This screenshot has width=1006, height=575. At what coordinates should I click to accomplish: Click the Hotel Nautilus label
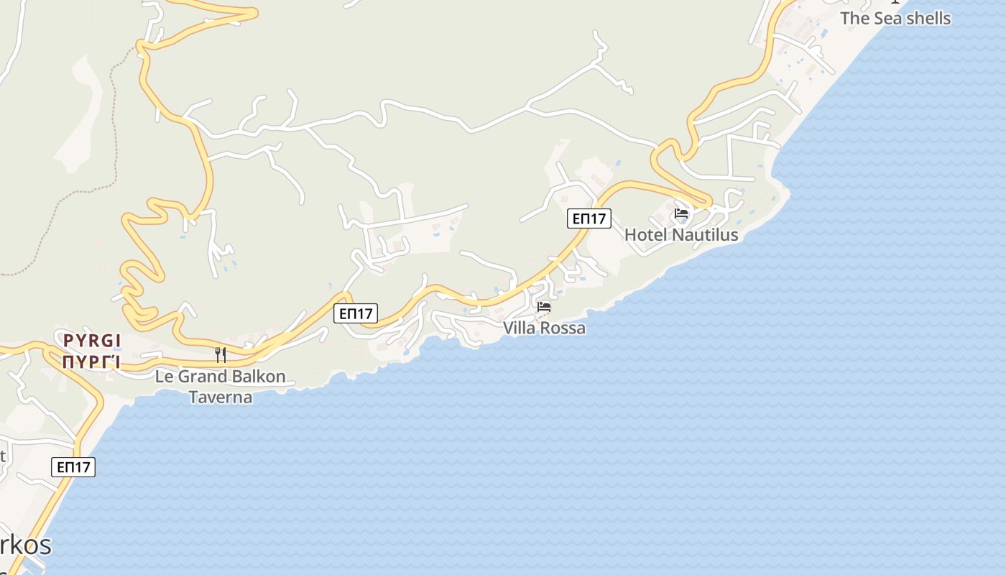point(680,234)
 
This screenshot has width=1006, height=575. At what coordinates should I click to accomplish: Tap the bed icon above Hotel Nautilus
point(681,213)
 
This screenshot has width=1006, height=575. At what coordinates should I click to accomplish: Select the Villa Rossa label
point(544,328)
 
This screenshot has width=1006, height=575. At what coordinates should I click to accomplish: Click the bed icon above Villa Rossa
point(544,307)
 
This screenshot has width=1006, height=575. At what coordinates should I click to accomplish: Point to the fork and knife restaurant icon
point(221,354)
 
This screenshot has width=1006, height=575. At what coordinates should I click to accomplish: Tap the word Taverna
point(221,397)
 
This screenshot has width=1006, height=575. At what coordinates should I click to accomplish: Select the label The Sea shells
point(895,19)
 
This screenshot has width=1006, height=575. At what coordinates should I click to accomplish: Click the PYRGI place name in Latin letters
point(91,340)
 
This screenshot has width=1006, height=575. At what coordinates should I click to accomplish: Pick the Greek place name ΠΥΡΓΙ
point(91,362)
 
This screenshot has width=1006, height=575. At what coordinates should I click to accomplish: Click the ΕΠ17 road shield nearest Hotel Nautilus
point(589,218)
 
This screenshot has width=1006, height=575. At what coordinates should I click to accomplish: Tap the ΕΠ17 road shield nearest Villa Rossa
point(356,313)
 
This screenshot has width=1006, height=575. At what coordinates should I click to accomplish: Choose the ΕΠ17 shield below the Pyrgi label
point(73,467)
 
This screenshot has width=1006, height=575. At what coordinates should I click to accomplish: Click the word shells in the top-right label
point(923,19)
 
